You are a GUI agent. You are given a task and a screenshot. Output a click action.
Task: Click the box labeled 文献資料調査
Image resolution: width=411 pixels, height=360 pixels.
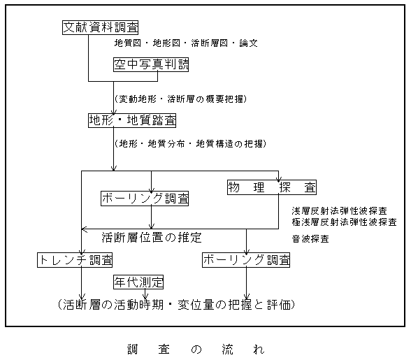[x=100, y=27]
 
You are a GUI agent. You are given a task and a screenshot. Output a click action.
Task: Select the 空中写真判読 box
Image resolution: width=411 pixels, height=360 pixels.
[x=151, y=64]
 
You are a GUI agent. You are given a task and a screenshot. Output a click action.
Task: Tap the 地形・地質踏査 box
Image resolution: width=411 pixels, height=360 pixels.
[x=132, y=120]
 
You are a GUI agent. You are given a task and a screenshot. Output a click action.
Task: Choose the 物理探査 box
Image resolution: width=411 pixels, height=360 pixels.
[x=272, y=187]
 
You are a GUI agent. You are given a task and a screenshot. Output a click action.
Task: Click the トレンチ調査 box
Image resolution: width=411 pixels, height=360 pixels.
[x=75, y=260]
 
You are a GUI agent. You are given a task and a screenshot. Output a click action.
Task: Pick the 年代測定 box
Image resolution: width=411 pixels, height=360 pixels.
[x=138, y=282]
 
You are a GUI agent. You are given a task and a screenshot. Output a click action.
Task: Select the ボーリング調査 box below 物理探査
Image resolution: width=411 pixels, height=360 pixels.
[x=246, y=260]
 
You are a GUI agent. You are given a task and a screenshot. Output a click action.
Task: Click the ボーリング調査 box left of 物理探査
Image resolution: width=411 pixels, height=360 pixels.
[x=145, y=199]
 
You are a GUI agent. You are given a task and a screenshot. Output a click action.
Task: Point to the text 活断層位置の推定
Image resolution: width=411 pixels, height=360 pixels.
[x=152, y=238]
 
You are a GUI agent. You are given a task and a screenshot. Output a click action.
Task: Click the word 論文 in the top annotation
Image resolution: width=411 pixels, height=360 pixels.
[x=249, y=43]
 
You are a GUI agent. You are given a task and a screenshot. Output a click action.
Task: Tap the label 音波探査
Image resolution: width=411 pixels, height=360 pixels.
[x=310, y=239]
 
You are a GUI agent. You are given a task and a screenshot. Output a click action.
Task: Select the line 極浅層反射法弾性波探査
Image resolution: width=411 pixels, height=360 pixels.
[x=344, y=222]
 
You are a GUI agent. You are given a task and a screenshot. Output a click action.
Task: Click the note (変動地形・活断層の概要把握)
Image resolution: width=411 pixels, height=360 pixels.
[x=180, y=99]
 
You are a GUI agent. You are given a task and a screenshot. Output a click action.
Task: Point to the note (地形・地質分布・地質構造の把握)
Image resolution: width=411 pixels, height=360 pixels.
[x=190, y=144]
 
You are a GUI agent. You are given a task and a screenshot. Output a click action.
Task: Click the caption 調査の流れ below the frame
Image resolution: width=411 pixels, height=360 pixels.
[x=196, y=350]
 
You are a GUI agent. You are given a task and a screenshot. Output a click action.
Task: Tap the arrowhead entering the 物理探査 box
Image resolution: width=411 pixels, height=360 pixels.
[x=278, y=180]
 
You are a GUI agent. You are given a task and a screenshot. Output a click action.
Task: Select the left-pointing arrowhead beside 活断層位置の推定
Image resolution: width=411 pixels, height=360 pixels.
[x=84, y=229]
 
